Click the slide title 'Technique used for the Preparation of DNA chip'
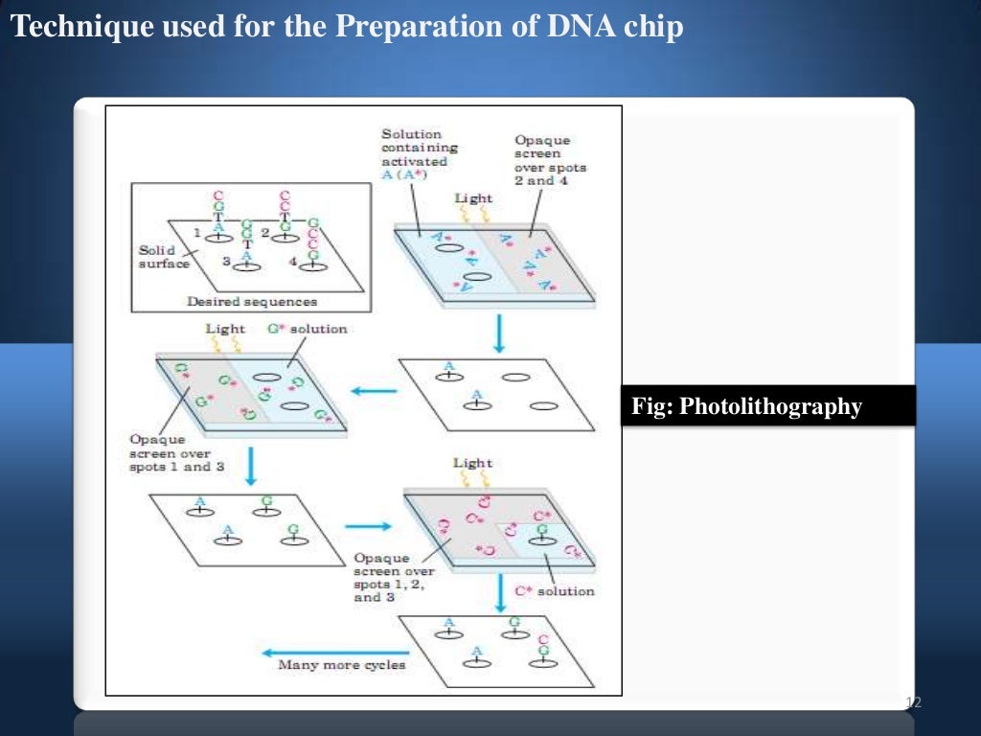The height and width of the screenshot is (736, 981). (347, 28)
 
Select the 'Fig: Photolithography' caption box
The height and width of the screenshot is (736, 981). (766, 406)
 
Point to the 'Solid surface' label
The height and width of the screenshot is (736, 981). (164, 257)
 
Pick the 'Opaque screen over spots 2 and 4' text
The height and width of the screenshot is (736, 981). (550, 160)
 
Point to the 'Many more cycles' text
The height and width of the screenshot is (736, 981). (342, 664)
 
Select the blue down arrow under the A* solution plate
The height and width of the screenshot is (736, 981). (498, 333)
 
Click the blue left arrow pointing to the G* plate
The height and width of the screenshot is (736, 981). (376, 390)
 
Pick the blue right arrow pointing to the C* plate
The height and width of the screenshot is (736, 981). (368, 525)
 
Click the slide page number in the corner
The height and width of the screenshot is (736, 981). (913, 704)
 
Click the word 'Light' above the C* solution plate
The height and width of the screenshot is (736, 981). (472, 463)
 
